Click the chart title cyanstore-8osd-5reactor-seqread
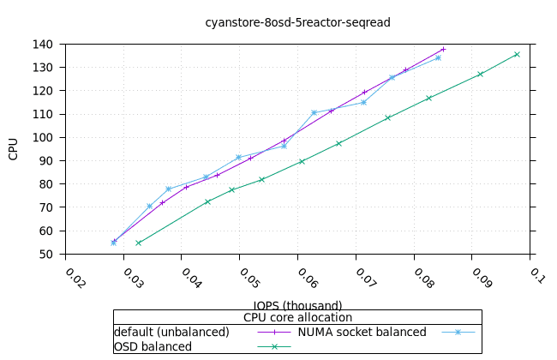click(x=297, y=22)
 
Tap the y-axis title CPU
click(x=13, y=149)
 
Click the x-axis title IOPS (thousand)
click(x=297, y=305)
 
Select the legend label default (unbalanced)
click(x=171, y=332)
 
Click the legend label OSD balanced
click(x=153, y=346)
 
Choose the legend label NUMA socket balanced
click(x=362, y=332)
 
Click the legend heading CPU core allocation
click(x=297, y=317)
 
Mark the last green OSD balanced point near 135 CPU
click(x=517, y=54)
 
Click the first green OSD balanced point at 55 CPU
click(x=138, y=243)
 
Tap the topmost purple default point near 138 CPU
click(x=443, y=49)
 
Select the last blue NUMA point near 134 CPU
click(x=438, y=57)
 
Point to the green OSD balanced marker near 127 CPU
click(x=480, y=74)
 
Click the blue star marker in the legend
click(x=458, y=332)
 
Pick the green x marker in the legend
click(x=274, y=346)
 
